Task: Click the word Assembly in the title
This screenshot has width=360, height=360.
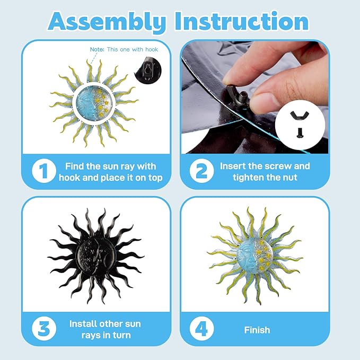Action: coord(107,22)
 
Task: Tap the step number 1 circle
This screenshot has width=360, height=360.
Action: coord(44,171)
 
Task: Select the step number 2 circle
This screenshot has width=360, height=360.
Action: coord(201,171)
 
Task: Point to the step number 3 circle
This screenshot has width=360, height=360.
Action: coord(44,329)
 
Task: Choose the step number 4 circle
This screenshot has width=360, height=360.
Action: coord(201,329)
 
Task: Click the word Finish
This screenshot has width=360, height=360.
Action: coord(257,330)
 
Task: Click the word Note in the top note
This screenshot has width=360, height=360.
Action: coord(97,49)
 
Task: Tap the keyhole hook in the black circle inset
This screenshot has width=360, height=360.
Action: coord(148,71)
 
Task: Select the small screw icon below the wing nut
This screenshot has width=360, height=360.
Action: coord(300,133)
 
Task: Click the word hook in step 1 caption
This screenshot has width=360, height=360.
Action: coord(69,178)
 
